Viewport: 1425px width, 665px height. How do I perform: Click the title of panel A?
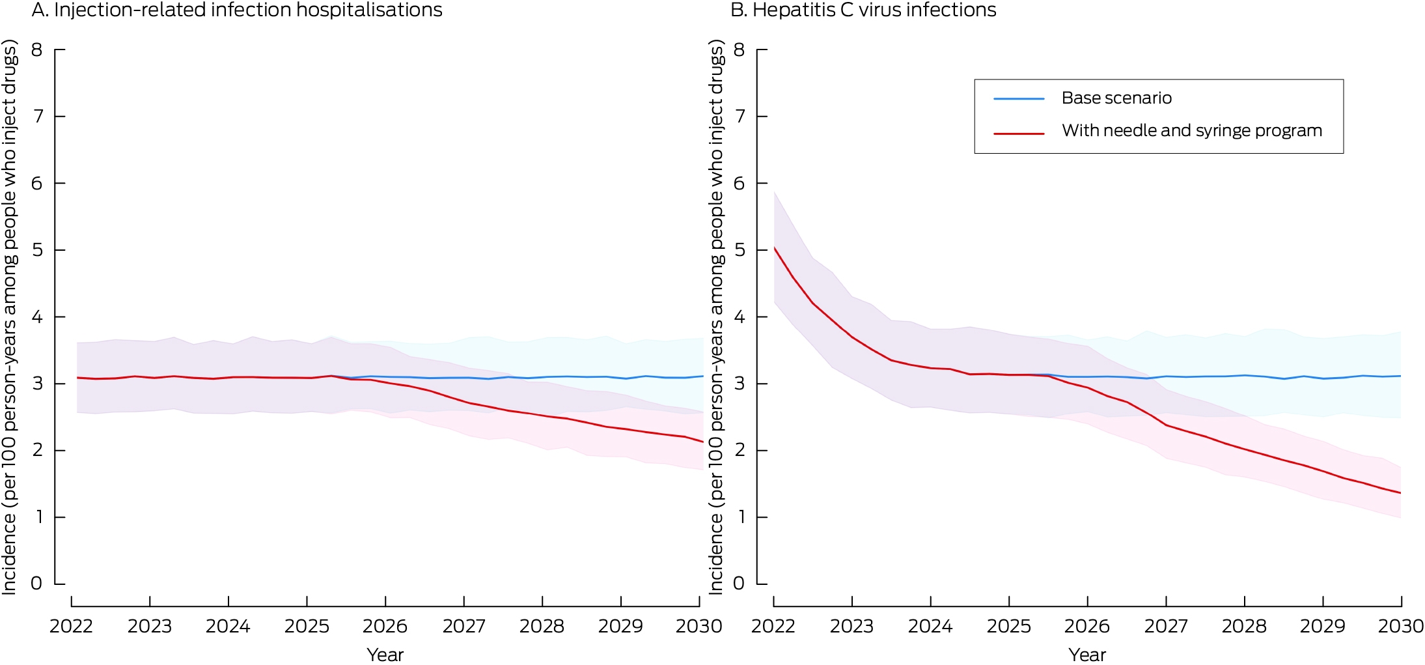[237, 10]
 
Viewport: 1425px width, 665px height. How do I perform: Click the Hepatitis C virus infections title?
[863, 10]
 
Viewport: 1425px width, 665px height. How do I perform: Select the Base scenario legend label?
[1116, 98]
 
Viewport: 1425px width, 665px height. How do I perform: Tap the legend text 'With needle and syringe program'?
[1192, 131]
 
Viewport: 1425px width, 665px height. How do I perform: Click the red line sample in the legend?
[1019, 134]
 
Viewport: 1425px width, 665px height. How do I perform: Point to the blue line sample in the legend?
[1019, 99]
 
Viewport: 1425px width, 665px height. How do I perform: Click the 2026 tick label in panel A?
[385, 627]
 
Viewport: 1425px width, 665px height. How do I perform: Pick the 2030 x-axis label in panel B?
[1401, 627]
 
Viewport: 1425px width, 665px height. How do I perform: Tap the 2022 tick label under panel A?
[71, 627]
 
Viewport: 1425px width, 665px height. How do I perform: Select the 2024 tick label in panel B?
[930, 627]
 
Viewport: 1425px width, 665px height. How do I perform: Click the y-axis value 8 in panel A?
[37, 50]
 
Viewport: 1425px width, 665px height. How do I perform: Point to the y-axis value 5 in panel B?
[739, 250]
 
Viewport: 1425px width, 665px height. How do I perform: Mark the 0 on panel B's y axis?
[739, 584]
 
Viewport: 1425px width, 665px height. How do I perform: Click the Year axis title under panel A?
[385, 655]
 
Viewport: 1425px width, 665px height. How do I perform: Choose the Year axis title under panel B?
[1087, 655]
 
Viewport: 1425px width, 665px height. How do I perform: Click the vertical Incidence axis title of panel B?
[716, 317]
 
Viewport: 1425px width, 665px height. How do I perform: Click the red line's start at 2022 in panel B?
[774, 248]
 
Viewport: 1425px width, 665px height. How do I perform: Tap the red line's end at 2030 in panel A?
[702, 442]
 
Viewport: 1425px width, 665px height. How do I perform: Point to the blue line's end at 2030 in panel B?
[1400, 376]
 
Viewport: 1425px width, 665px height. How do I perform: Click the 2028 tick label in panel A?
[542, 627]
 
